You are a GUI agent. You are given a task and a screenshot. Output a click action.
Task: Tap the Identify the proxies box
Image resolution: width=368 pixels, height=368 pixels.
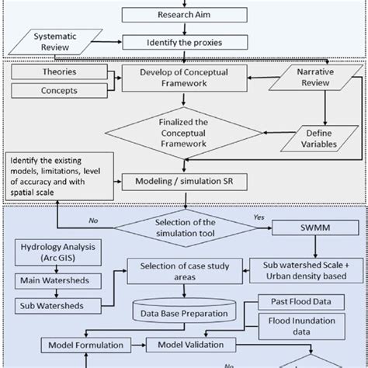click(x=183, y=43)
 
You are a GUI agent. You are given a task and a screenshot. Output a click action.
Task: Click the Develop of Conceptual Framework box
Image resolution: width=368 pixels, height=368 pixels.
click(x=182, y=80)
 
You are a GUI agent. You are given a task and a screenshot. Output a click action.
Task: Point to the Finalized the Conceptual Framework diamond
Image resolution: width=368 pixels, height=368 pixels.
click(x=183, y=130)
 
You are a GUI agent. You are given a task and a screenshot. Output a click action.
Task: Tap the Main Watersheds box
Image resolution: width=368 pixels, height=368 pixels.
click(x=51, y=279)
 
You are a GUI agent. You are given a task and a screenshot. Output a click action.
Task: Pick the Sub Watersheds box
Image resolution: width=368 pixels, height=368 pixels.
click(x=51, y=304)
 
